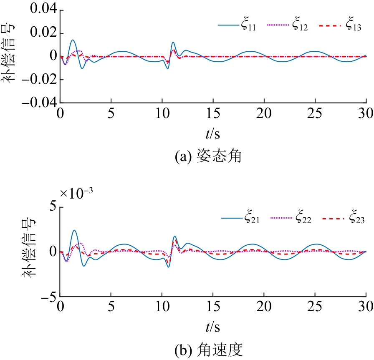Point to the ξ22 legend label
tap(303, 218)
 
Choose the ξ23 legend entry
tap(355, 218)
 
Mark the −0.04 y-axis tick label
tap(38, 103)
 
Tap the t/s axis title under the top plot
tap(213, 134)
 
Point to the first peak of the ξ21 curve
tap(74, 230)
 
